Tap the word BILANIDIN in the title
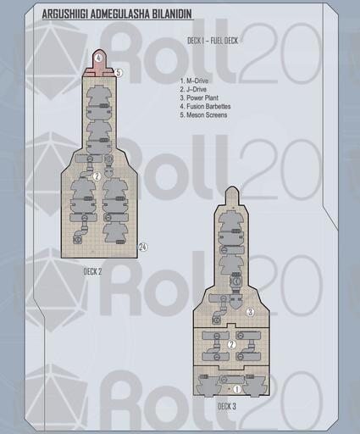(x=172, y=14)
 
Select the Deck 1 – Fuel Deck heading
(x=213, y=41)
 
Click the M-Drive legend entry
(x=194, y=81)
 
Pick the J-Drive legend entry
(x=193, y=89)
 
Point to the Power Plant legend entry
(x=199, y=97)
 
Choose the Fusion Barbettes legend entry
(x=205, y=107)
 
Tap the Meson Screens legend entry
(x=203, y=115)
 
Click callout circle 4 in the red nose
(x=98, y=58)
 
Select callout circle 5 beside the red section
(x=119, y=73)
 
